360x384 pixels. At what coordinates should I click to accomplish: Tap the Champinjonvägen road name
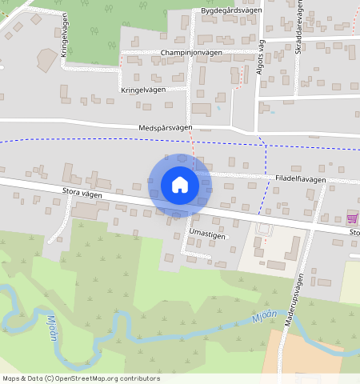pos(191,52)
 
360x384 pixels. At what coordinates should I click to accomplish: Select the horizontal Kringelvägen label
pos(143,90)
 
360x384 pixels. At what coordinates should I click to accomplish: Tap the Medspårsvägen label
pos(166,128)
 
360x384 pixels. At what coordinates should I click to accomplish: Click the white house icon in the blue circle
pos(180,185)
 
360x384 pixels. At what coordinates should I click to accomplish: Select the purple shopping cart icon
pos(352,217)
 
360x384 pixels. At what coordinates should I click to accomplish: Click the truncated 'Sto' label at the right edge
pos(354,233)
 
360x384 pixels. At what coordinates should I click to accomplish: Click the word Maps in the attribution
pos(11,378)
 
